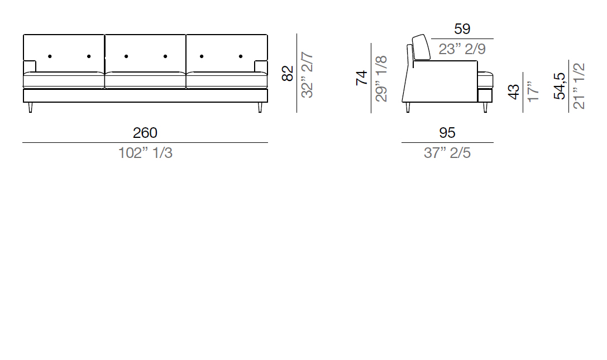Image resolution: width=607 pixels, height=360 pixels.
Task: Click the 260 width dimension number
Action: point(145,133)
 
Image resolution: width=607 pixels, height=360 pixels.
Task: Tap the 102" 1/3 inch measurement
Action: point(145,153)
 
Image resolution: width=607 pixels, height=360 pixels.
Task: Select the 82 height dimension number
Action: point(288,74)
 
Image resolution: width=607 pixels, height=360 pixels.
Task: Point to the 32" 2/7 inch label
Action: point(307,75)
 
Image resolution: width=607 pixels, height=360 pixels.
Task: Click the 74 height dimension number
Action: point(361,78)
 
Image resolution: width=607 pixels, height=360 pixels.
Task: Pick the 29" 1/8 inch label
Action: point(381,79)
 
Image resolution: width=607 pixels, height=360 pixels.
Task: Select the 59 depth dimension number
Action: point(462,29)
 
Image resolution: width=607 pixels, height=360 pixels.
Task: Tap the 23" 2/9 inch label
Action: point(462,49)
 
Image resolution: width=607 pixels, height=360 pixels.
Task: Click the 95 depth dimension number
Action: point(447,133)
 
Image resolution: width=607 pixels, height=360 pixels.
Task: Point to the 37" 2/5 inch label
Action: point(447,153)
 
